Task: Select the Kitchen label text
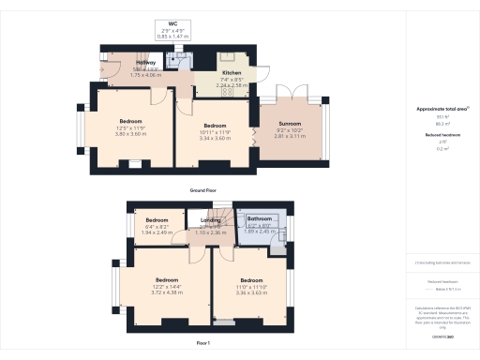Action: coord(232,71)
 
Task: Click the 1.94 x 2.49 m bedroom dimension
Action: coord(156,232)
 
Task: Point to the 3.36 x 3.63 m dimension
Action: coord(250,292)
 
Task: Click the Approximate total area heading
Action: coord(441,109)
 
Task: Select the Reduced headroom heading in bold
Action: coord(441,134)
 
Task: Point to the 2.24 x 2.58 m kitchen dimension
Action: coord(232,84)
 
